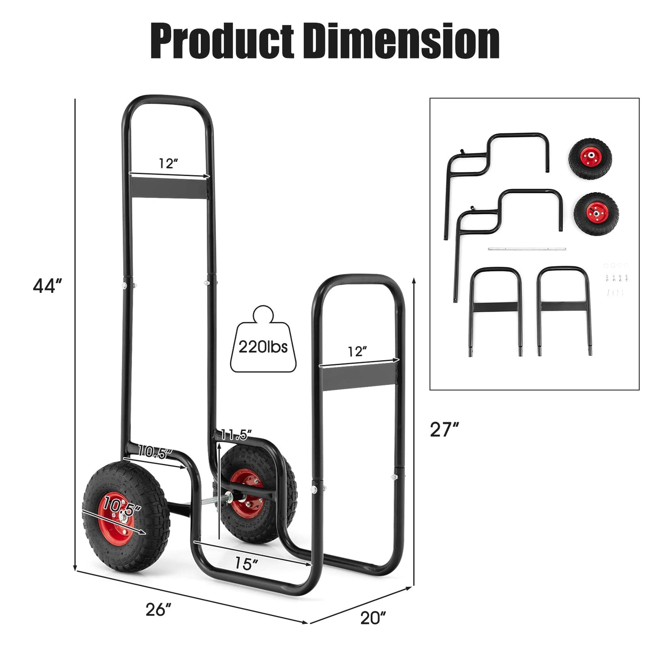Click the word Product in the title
[x=221, y=41]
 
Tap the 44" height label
[x=48, y=286]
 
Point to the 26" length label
[x=158, y=609]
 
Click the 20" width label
[x=373, y=618]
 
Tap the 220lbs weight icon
[x=263, y=339]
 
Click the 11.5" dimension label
[x=236, y=435]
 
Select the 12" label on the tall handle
[x=168, y=163]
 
